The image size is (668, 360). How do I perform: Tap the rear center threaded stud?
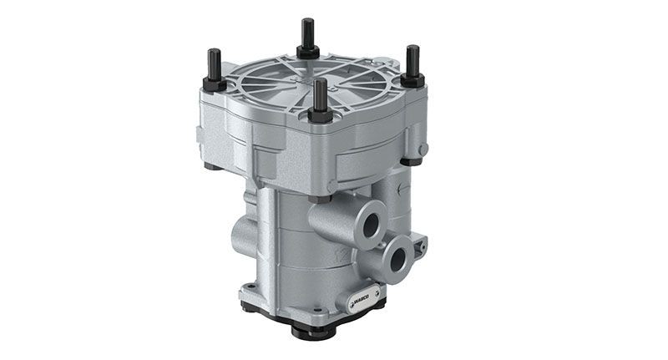(306, 33)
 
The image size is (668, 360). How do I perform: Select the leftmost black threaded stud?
(213, 65)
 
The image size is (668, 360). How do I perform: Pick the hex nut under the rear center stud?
(307, 52)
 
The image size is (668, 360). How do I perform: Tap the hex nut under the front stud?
(321, 114)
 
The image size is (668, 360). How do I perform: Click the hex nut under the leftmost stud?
(214, 84)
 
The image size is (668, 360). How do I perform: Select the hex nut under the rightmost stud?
(412, 80)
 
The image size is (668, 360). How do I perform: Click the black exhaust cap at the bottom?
(312, 327)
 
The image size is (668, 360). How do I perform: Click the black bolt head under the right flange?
(412, 160)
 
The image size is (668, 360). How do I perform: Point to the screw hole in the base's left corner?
(249, 292)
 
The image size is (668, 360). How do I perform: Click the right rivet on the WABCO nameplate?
(377, 292)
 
